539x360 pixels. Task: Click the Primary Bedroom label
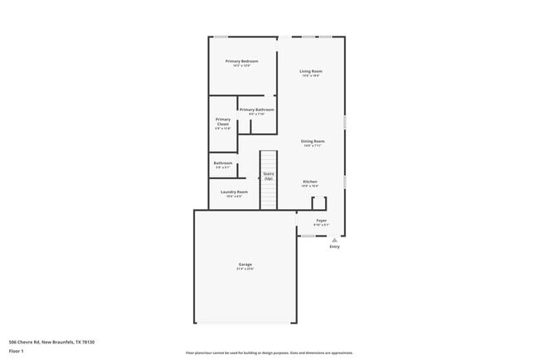coord(241,61)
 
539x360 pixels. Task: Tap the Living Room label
coord(311,71)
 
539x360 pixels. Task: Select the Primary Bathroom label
coord(256,109)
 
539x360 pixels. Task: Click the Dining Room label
coord(313,141)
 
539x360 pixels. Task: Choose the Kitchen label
coord(310,182)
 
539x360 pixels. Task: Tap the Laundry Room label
coord(234,192)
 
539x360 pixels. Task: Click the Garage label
coord(245,265)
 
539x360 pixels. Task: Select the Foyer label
coord(321,221)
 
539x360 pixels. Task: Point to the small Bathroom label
coord(223,163)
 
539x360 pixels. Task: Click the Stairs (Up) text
coord(269,177)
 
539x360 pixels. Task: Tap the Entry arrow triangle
coord(335,241)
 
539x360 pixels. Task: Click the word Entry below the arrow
coord(335,247)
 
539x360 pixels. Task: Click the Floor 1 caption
coord(17,351)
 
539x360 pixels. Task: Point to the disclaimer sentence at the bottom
coord(269,353)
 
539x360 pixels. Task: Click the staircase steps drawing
coord(269,196)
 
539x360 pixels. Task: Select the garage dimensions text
coord(245,270)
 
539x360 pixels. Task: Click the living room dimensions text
coord(311,76)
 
